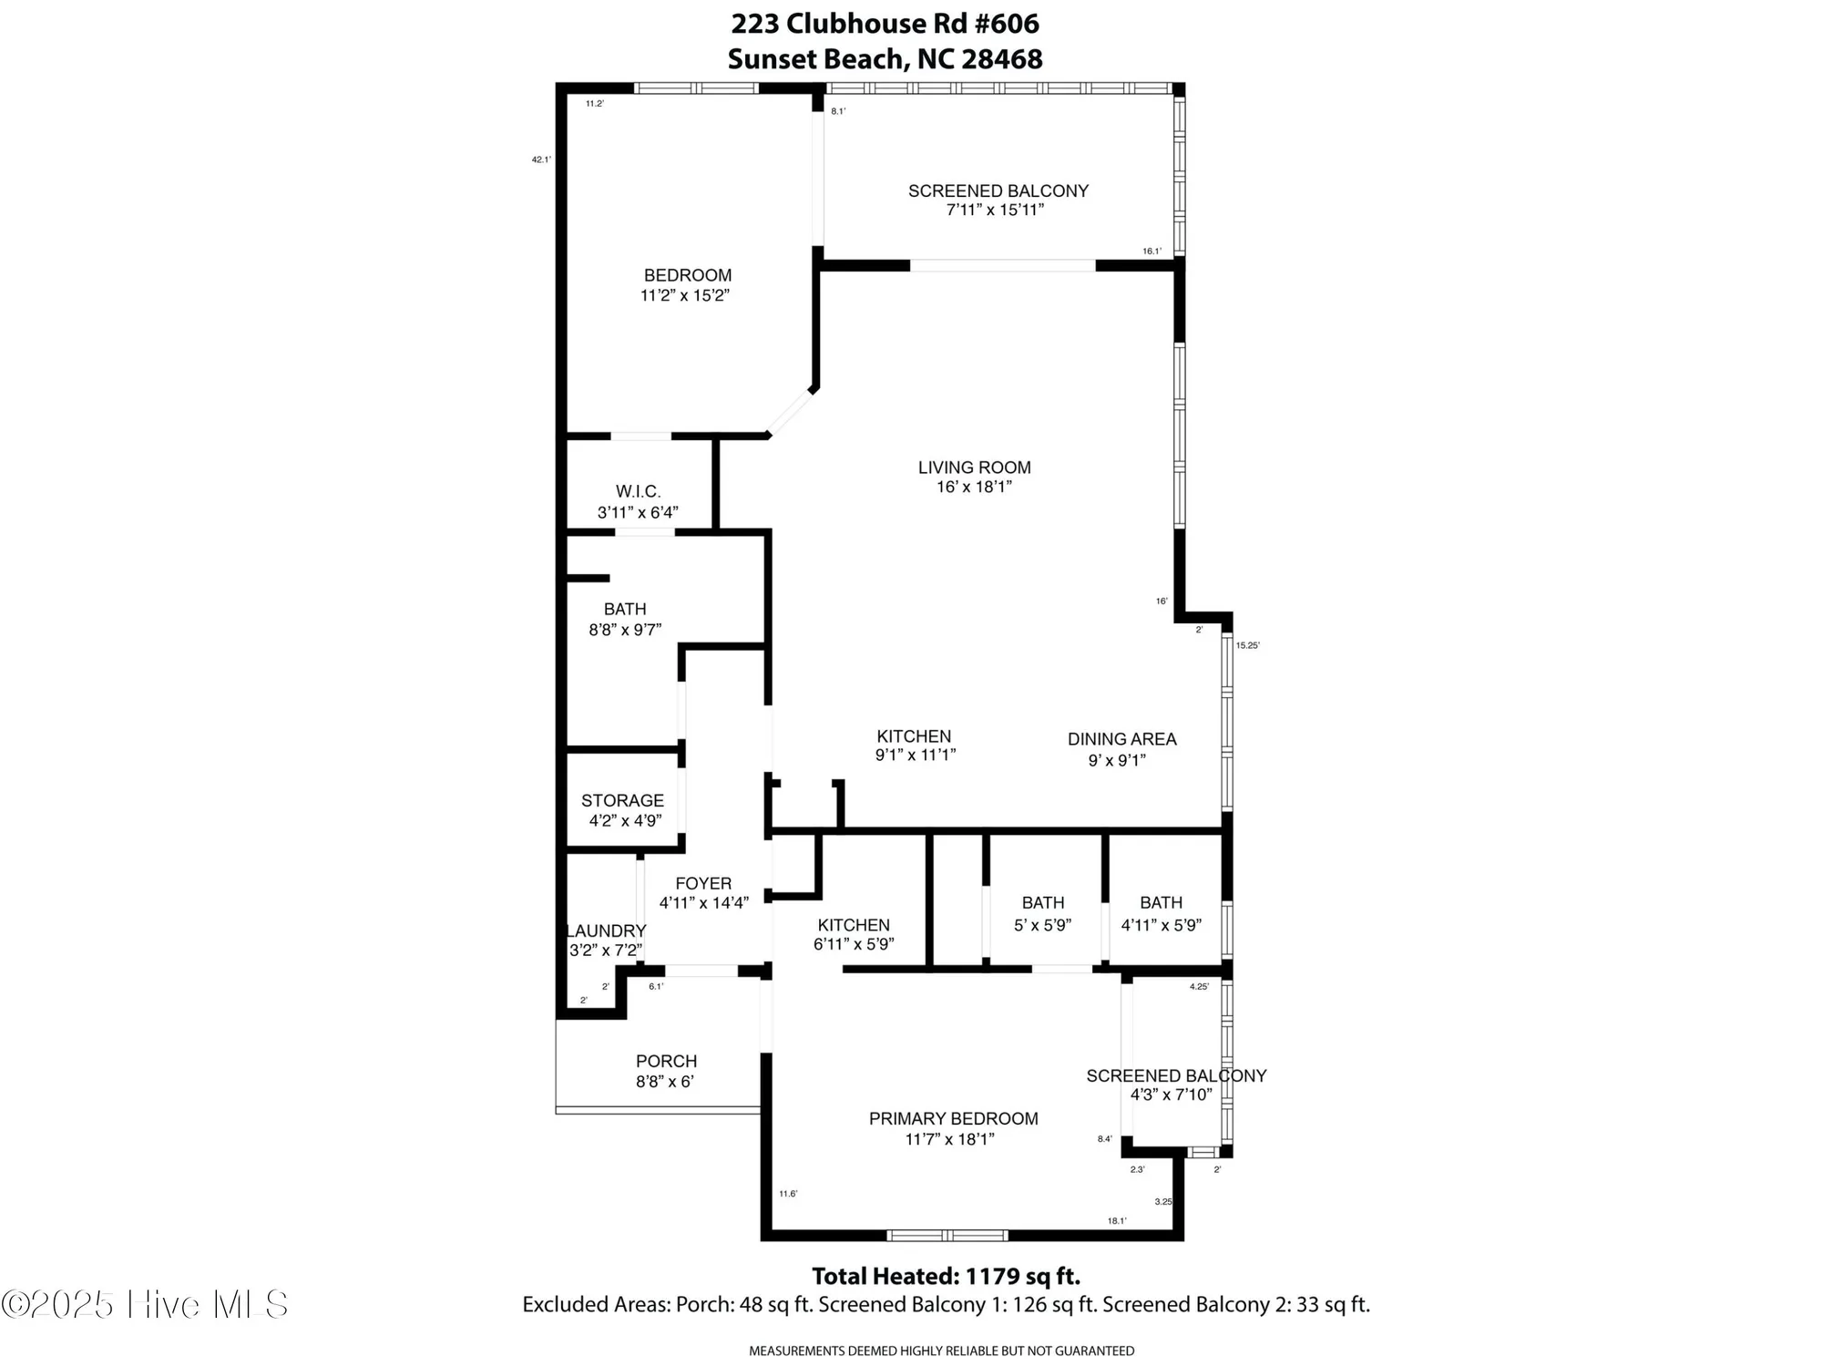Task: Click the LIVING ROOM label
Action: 974,468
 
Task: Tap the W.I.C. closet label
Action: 638,492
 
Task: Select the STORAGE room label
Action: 622,800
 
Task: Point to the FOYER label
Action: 703,883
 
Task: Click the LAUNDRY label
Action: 606,930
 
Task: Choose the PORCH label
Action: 666,1061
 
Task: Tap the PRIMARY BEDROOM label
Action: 953,1118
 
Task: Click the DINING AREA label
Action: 1121,739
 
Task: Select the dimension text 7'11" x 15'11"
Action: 995,211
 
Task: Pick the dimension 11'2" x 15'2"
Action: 685,295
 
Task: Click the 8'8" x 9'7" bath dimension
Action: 625,629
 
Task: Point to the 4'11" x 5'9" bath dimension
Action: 1161,925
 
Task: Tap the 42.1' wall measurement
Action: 541,159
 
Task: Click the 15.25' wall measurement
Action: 1247,645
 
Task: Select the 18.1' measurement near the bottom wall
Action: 1117,1221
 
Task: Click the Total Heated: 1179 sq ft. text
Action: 946,1276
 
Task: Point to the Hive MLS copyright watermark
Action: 146,1304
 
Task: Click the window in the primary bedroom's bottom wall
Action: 947,1236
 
